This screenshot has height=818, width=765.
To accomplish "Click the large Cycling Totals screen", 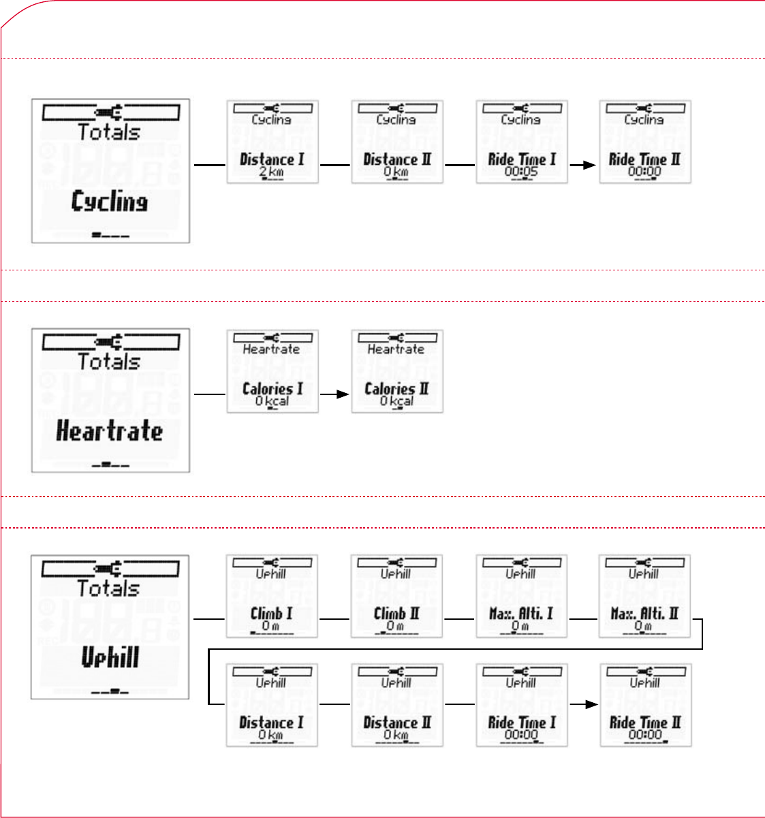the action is tap(110, 171).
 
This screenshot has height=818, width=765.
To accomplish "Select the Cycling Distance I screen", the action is tap(272, 142).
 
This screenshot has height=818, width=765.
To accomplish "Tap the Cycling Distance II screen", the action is tap(397, 142).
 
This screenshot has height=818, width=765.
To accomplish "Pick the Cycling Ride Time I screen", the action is tap(521, 142).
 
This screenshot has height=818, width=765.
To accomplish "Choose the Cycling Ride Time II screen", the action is tap(644, 142).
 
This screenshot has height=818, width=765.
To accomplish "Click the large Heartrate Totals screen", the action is tap(110, 400).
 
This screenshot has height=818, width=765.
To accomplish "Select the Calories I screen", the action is tap(272, 371).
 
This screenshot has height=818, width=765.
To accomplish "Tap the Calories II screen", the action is tap(397, 371).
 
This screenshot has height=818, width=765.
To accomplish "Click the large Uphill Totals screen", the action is tap(110, 627).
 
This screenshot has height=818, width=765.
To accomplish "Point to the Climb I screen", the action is tap(272, 596).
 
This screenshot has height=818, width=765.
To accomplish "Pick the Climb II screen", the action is tap(396, 596).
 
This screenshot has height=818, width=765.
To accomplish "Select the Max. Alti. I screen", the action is tap(521, 596).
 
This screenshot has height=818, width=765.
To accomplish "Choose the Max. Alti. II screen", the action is tap(644, 596).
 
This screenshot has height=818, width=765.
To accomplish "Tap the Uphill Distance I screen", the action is tap(272, 705).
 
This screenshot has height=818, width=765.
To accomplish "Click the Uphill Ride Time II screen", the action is tap(645, 705).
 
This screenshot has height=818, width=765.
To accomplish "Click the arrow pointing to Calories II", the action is tap(334, 394).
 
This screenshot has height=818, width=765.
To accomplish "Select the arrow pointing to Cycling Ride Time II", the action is tap(583, 164).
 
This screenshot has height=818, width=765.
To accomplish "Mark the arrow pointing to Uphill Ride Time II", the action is tap(583, 704).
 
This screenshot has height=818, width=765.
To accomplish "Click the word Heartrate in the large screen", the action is tap(110, 432).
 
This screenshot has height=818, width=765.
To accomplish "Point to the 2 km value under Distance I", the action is tap(271, 172).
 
